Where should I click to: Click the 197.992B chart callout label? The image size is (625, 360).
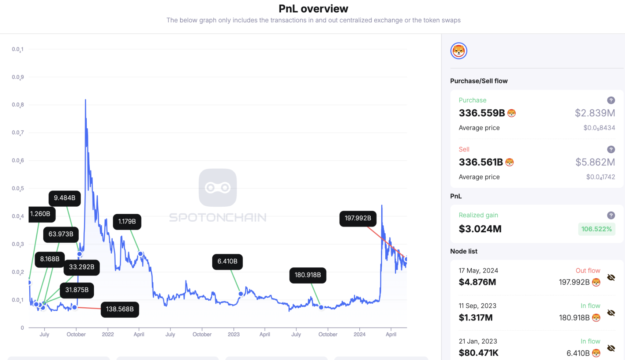coord(358,218)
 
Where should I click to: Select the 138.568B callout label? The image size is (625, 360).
coord(120,309)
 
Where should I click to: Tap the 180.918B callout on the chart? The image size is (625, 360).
coord(307,275)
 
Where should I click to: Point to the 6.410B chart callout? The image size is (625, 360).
coord(227,262)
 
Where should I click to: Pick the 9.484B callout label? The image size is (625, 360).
coord(64,198)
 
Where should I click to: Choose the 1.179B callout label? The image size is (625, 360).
coord(127,222)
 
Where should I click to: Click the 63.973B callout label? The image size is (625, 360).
coord(61,234)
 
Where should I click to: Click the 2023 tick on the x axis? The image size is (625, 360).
coord(233,334)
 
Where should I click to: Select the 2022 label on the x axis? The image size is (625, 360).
coord(108,334)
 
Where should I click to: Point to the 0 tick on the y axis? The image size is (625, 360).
coord(22,328)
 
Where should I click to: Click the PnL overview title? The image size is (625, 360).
coord(313,8)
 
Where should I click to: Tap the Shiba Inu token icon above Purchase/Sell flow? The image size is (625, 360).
coord(459,51)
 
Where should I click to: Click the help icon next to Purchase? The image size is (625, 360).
coord(611,100)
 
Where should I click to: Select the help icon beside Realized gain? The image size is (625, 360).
coord(611,215)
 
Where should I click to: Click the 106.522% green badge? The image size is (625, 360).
coord(596,229)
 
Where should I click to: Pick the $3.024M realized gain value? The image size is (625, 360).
coord(480,229)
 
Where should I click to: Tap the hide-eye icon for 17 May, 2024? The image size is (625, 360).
coord(611,277)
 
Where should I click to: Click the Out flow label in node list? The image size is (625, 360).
coord(588,271)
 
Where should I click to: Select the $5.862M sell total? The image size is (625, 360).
coord(595,162)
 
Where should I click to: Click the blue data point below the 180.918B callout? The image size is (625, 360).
coord(321,307)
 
